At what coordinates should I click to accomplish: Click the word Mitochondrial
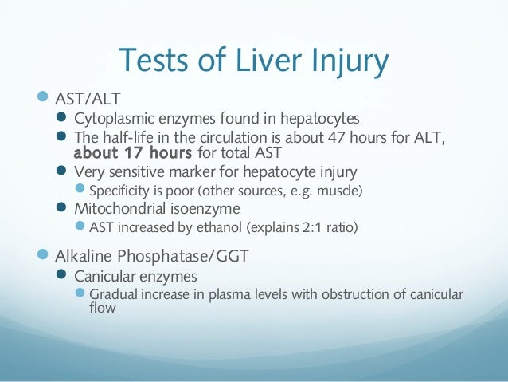click(x=123, y=209)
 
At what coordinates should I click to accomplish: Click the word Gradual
click(x=114, y=295)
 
